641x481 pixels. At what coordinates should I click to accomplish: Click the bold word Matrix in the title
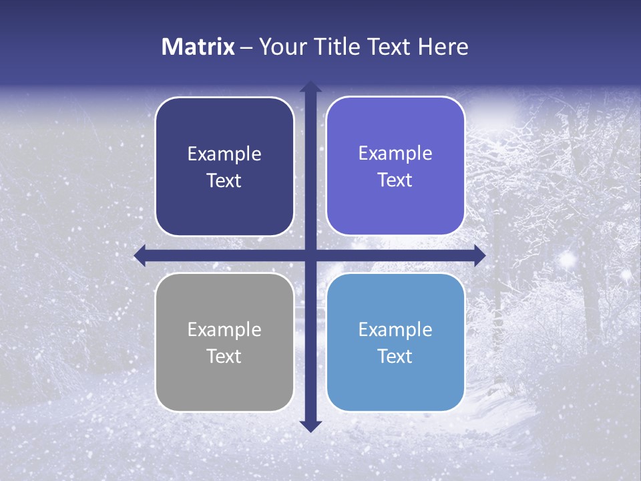(x=198, y=47)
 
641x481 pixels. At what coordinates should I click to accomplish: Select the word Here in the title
(x=443, y=47)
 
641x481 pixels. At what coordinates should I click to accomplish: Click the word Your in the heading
(x=282, y=47)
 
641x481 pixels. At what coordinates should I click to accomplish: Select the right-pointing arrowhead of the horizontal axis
(x=479, y=255)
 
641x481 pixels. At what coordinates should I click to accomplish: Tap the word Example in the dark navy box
(x=224, y=154)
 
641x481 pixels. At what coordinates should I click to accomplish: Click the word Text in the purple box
(x=395, y=180)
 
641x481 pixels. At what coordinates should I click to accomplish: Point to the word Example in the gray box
(x=224, y=330)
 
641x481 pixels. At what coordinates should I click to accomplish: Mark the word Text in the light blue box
(x=395, y=356)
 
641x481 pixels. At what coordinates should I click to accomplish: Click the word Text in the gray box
(x=224, y=356)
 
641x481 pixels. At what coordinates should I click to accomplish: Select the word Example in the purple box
(x=395, y=154)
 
